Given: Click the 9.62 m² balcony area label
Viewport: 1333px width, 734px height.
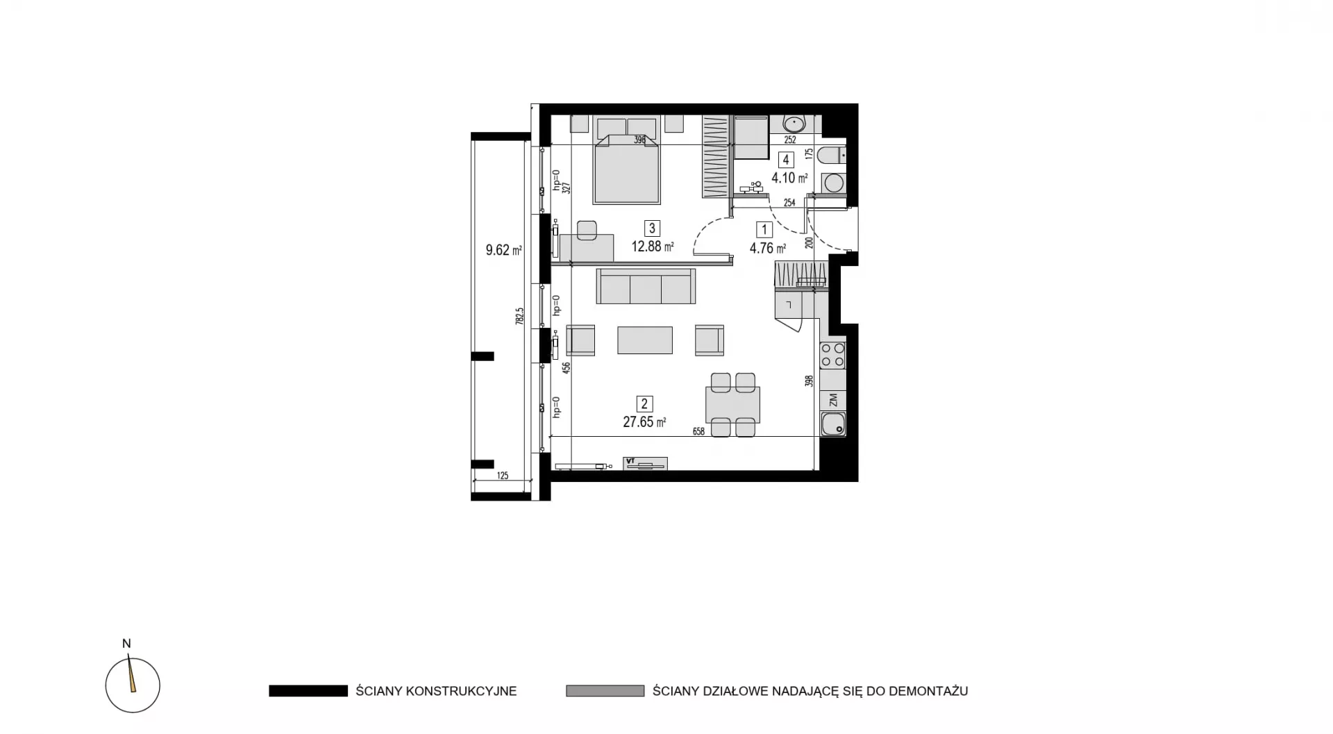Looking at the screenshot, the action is coord(504,250).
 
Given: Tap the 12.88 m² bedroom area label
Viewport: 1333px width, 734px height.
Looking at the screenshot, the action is coord(652,246).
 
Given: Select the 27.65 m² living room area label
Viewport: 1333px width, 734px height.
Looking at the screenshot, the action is coord(644,422).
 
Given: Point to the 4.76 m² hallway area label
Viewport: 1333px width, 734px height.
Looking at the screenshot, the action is coord(768,248).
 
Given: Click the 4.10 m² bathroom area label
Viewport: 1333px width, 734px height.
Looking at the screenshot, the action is coord(789,178).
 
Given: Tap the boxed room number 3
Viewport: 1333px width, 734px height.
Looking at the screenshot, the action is coord(651,228).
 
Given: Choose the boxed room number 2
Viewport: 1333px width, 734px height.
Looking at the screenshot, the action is coord(644,403).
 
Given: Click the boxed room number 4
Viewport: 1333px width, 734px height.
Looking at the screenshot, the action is coord(786,160).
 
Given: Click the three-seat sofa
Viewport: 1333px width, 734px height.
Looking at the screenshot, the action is coord(646,286).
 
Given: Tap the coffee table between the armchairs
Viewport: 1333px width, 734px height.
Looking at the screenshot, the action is coord(645,340).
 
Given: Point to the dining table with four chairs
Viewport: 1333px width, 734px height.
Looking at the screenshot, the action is coord(732,405).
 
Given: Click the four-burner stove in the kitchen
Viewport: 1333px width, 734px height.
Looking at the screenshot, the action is coord(833,355).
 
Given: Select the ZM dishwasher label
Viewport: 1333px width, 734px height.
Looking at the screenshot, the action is coord(833,400).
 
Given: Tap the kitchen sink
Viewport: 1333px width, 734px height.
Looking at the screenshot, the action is coord(833,423).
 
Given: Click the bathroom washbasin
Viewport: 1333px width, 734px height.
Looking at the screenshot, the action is coord(794,124).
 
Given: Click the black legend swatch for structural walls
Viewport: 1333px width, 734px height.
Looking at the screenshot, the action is coord(308,691).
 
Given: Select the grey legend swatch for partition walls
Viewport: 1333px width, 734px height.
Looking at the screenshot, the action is coord(605,691).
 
